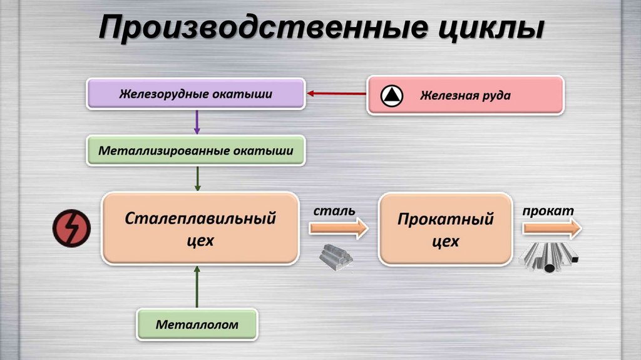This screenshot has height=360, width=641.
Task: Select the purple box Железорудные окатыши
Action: (x=195, y=95)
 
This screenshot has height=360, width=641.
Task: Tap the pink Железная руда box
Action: (x=465, y=95)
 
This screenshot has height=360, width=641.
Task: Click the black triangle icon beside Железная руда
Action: (x=392, y=95)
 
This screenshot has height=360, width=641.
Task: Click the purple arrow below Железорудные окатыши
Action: (x=197, y=122)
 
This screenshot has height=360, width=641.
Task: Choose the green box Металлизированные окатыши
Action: (x=197, y=151)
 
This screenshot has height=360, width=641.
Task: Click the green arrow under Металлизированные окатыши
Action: (x=198, y=178)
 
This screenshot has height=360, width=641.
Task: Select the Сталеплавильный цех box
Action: (x=200, y=228)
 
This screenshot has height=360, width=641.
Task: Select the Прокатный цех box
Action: (x=445, y=229)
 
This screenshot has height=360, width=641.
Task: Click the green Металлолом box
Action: (x=197, y=325)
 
